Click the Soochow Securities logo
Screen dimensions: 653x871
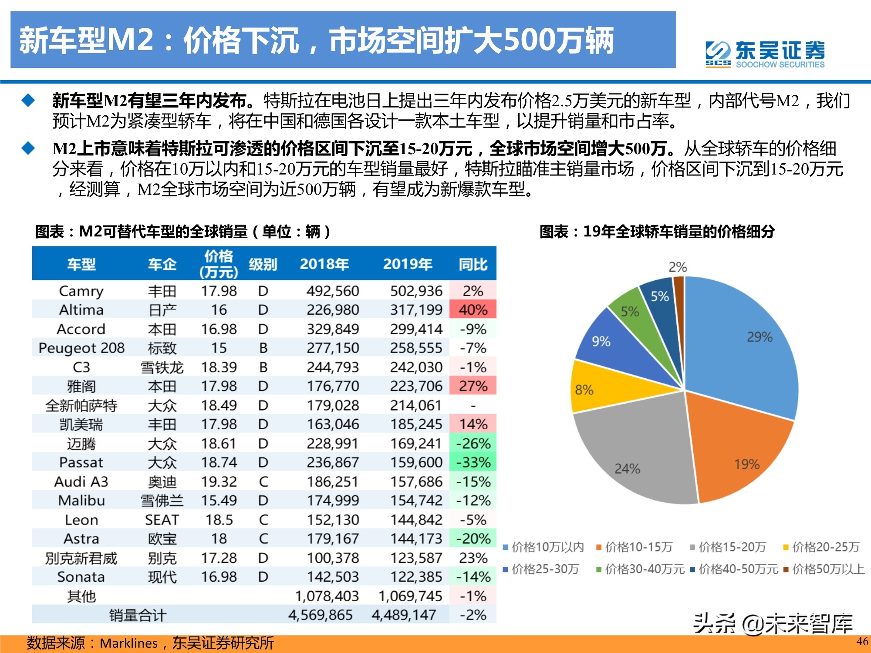click(x=765, y=54)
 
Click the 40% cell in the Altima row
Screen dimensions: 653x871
click(x=473, y=310)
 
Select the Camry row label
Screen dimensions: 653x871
click(x=81, y=291)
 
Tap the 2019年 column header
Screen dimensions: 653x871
click(x=407, y=264)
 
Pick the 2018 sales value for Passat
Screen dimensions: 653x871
click(x=333, y=462)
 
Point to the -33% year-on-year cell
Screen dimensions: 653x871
click(x=473, y=462)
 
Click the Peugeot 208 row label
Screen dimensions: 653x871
click(x=81, y=348)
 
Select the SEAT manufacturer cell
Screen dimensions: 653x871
click(x=162, y=520)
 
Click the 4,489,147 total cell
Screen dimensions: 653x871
click(x=404, y=615)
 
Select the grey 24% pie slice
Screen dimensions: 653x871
click(x=636, y=461)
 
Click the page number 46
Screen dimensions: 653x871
click(x=862, y=641)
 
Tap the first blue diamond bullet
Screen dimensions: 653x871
click(x=28, y=101)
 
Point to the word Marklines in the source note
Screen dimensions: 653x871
click(x=128, y=643)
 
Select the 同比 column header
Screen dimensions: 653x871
click(x=473, y=264)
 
